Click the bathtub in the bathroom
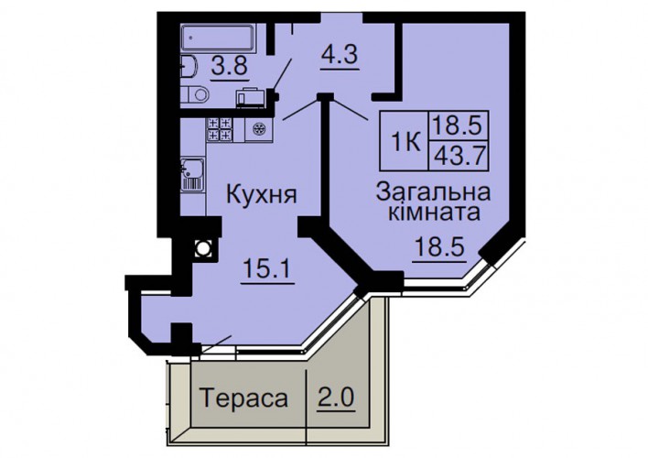(x=218, y=38)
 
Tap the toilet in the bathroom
(x=195, y=94)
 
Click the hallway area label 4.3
(x=340, y=54)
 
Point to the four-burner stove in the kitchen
(x=220, y=129)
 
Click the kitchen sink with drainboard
(x=192, y=174)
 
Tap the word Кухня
(x=261, y=194)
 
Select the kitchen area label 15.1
(x=267, y=268)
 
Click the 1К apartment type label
(x=405, y=143)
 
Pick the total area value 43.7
(x=459, y=156)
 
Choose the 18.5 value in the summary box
(x=458, y=125)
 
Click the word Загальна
(x=434, y=192)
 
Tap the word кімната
(x=435, y=213)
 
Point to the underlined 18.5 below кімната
(x=439, y=247)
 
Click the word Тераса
(x=243, y=398)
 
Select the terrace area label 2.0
(x=336, y=398)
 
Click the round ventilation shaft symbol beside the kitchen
(x=203, y=248)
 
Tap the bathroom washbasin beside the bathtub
(x=189, y=67)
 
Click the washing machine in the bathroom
(x=252, y=98)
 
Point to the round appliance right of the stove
(x=260, y=129)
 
